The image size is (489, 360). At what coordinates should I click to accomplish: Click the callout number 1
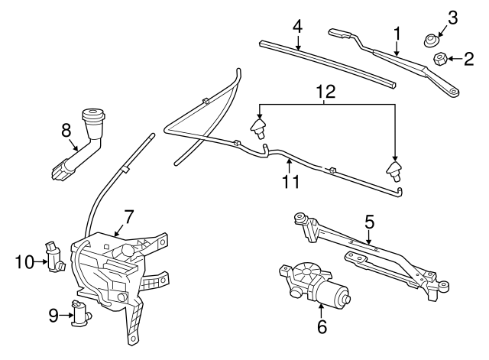(397, 33)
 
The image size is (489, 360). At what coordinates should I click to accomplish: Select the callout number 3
(452, 17)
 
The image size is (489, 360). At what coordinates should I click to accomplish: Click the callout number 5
(370, 222)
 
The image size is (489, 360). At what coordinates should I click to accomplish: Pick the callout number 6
(322, 327)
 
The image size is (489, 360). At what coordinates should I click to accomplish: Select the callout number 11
(289, 182)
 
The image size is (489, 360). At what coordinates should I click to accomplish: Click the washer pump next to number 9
(79, 313)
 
